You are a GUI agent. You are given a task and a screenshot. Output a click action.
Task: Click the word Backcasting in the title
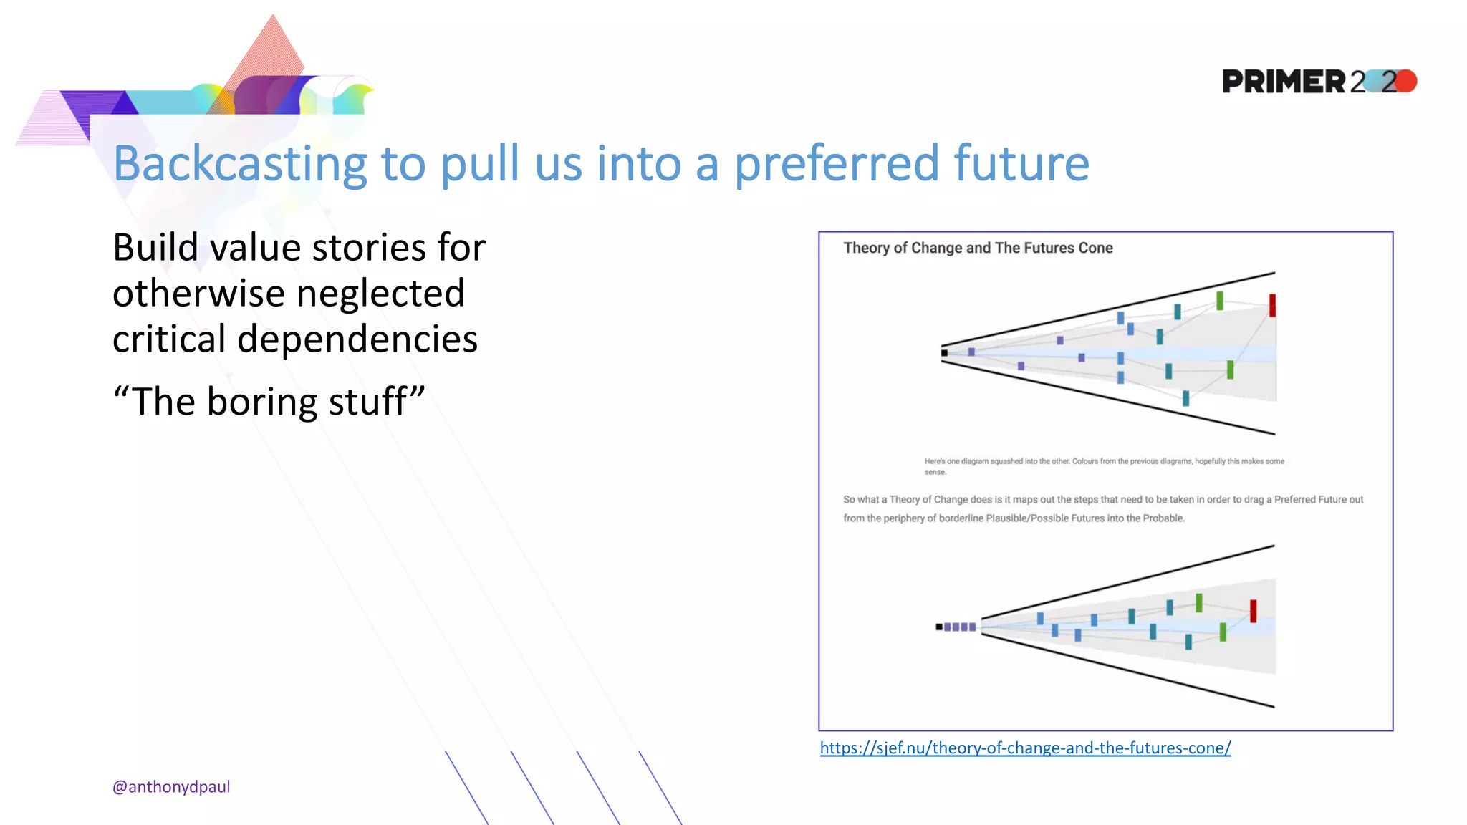pyautogui.click(x=239, y=165)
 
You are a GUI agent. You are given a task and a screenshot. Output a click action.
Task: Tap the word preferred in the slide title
pyautogui.click(x=835, y=165)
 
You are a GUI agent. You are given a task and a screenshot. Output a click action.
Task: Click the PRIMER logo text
pyautogui.click(x=1284, y=82)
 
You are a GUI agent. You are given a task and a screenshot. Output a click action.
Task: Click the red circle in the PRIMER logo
pyautogui.click(x=1405, y=81)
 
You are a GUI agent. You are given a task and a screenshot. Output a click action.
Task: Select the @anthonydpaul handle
pyautogui.click(x=171, y=786)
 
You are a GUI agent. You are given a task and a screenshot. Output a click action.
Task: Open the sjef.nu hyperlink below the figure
pyautogui.click(x=1025, y=748)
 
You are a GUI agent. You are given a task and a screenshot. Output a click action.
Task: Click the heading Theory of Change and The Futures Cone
pyautogui.click(x=978, y=248)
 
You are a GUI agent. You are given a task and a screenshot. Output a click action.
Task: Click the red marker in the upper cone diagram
pyautogui.click(x=1272, y=305)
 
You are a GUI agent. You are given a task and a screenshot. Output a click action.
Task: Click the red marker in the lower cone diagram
pyautogui.click(x=1253, y=611)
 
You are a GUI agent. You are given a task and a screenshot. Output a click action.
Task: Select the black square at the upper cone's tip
pyautogui.click(x=944, y=352)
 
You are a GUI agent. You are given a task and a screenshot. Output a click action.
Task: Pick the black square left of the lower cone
pyautogui.click(x=938, y=627)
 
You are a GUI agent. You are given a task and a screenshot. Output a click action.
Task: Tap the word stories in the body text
pyautogui.click(x=369, y=248)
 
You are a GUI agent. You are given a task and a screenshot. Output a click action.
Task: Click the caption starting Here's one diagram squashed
pyautogui.click(x=1103, y=465)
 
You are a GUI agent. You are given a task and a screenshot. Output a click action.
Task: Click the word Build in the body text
pyautogui.click(x=155, y=248)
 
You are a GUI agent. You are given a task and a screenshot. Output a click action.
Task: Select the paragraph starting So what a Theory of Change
pyautogui.click(x=1103, y=508)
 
